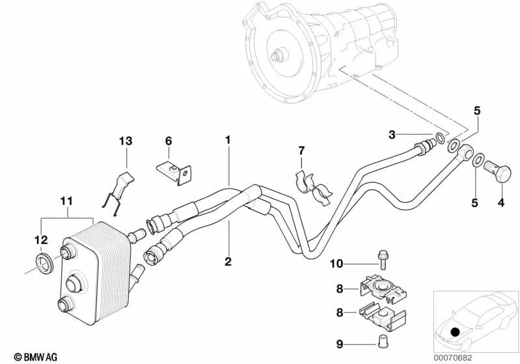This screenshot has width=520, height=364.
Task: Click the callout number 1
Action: pos(228,140)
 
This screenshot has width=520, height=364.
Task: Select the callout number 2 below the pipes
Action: pos(228,262)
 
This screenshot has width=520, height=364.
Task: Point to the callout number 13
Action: pos(125,141)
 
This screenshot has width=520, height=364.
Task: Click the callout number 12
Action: pos(40,239)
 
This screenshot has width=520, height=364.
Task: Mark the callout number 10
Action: pos(336,263)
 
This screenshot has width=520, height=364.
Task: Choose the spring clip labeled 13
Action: pos(120,189)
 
